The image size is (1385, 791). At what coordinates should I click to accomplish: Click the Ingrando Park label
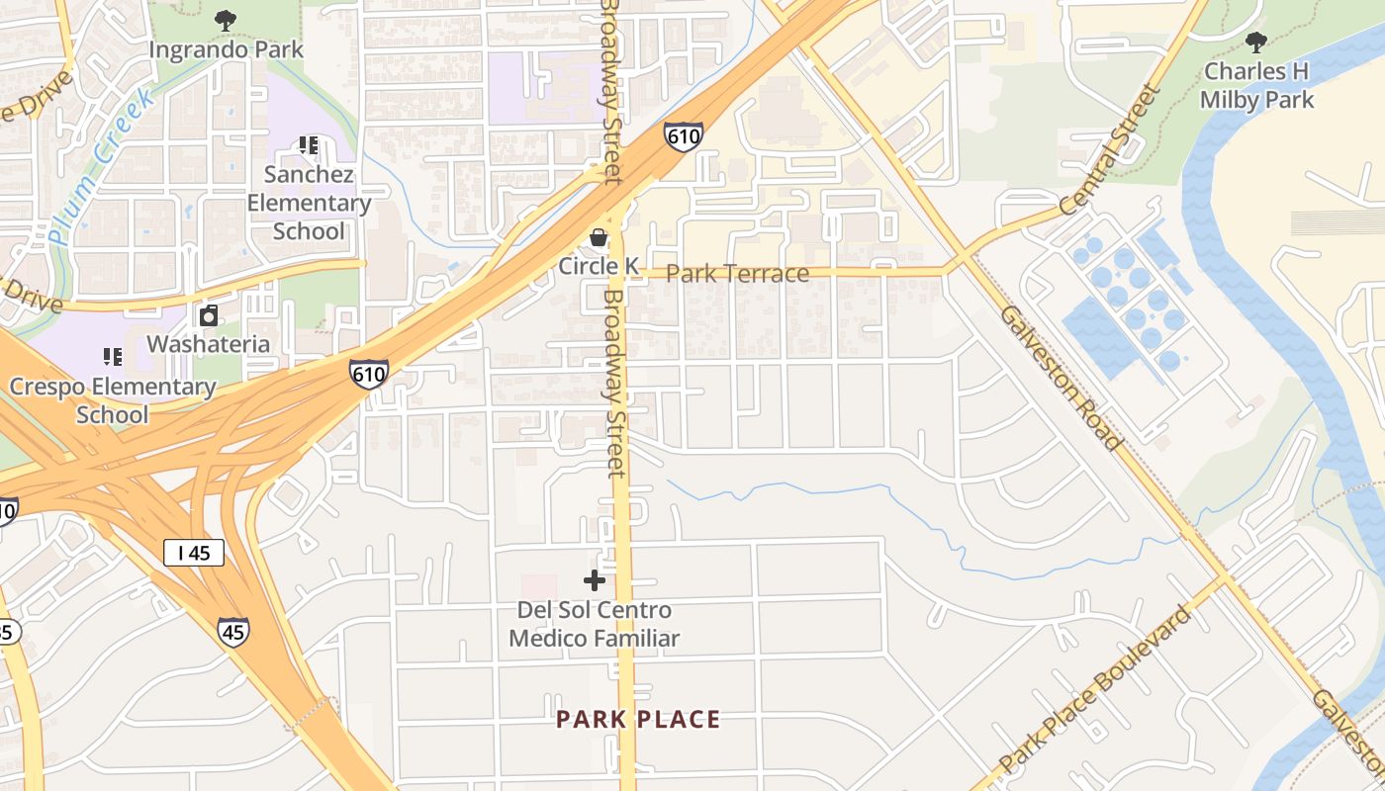(x=227, y=48)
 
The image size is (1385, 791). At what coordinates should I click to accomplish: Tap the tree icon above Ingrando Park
(x=227, y=19)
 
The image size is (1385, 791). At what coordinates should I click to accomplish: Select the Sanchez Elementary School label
(x=309, y=203)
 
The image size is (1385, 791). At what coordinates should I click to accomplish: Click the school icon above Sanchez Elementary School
(x=309, y=145)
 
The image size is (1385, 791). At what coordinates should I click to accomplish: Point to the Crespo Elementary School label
(x=112, y=399)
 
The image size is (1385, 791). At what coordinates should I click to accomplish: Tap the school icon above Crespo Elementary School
(x=112, y=356)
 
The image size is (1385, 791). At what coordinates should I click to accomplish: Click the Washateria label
(x=209, y=344)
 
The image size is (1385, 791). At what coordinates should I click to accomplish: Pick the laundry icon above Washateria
(x=209, y=316)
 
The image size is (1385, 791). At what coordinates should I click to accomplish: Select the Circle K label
(x=599, y=266)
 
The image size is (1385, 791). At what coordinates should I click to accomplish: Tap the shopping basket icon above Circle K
(x=599, y=237)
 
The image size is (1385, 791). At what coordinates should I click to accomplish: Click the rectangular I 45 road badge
(x=194, y=553)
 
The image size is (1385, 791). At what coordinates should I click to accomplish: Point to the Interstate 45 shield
(x=233, y=631)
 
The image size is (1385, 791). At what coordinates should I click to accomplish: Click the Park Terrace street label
(x=737, y=274)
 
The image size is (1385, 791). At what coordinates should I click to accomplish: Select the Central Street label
(x=1108, y=150)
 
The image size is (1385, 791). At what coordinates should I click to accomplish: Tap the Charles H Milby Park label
(x=1256, y=85)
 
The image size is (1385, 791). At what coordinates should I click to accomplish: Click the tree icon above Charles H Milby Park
(x=1256, y=43)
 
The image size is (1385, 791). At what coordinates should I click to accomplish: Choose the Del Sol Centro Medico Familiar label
(x=594, y=624)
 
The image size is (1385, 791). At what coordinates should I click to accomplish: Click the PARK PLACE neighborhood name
(x=638, y=719)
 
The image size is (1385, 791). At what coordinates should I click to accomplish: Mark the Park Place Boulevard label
(x=1096, y=690)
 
